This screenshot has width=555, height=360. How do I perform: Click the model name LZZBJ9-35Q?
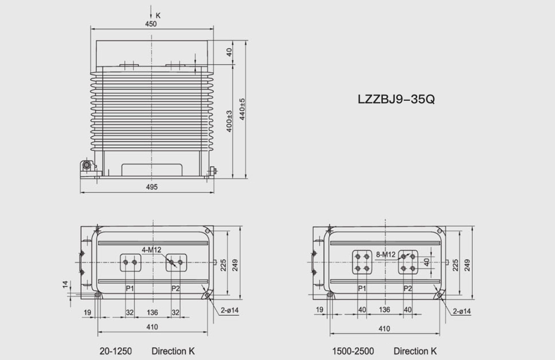coord(396,99)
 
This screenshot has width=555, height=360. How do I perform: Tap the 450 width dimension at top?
coord(151,24)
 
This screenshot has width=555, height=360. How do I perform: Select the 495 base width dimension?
coord(151,187)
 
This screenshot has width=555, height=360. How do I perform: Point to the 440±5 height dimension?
coord(243,109)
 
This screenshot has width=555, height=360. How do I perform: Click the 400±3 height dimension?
coord(229,121)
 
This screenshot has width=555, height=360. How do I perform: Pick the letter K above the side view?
coord(158,15)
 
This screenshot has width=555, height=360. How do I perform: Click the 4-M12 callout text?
coord(152,250)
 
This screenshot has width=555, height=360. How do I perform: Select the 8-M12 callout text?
coord(385,254)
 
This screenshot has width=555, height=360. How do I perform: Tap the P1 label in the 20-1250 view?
coord(130,289)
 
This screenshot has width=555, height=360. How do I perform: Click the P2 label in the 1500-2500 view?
coord(408,289)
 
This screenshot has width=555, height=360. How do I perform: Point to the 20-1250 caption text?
coord(116,351)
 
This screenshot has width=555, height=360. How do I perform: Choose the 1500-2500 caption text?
coord(353,351)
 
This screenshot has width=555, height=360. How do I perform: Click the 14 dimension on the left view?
coord(65,284)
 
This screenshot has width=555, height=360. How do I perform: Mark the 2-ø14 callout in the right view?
coord(461,311)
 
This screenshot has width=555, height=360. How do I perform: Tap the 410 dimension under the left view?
coord(153,326)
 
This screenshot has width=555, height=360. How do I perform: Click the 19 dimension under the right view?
coord(320,310)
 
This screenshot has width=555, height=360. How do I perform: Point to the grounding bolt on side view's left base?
coord(87,166)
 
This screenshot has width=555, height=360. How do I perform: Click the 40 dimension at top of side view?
coord(229,52)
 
